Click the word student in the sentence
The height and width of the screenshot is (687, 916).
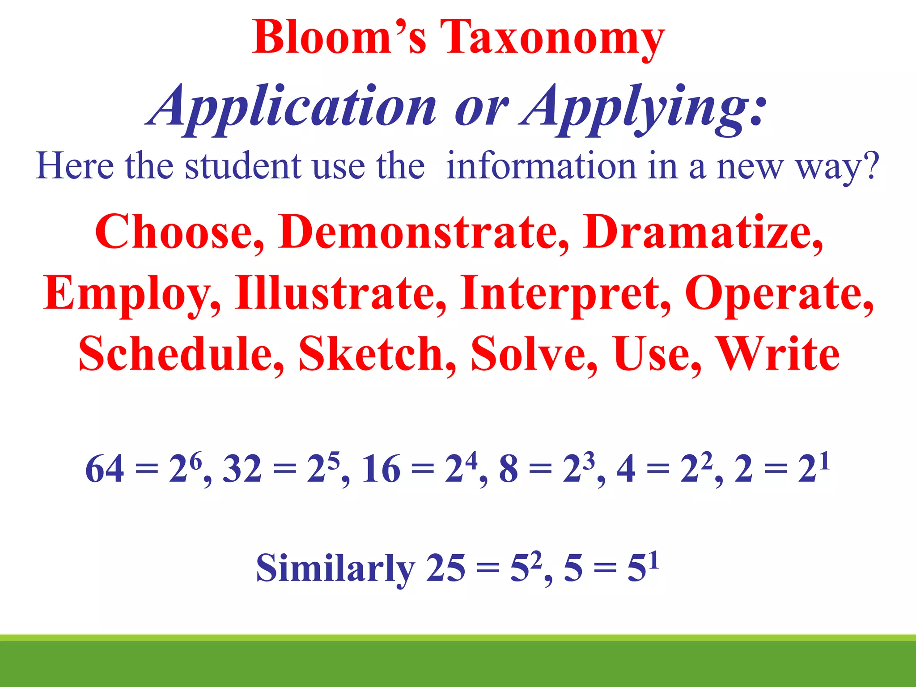[243, 166]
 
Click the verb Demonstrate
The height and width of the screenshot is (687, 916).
[423, 233]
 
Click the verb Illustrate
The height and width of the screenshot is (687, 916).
[340, 293]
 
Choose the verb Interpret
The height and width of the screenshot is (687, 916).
[565, 293]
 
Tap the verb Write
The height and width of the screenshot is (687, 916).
[777, 354]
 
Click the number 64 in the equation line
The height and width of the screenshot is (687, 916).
[104, 470]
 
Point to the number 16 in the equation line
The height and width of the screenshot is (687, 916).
[381, 470]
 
